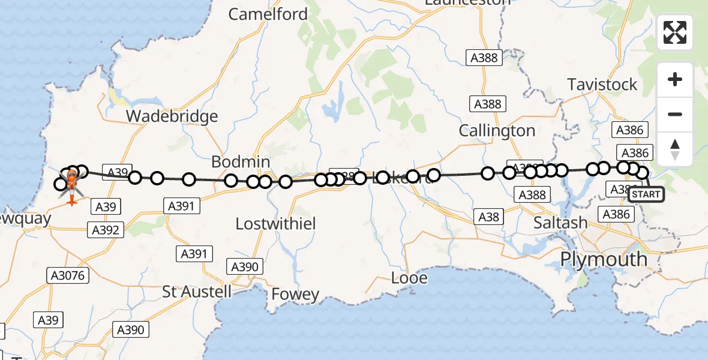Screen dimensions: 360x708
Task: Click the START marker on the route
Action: pos(646,194)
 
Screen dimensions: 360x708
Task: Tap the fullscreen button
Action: pos(675,32)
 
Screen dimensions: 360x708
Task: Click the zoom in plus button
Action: pos(675,79)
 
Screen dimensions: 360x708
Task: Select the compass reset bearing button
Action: pos(675,149)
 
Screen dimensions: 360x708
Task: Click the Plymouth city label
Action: pos(603,260)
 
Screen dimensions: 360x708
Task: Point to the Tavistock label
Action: pos(602,85)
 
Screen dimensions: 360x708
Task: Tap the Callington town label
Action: pos(497,130)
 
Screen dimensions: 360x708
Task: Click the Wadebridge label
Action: pos(172,116)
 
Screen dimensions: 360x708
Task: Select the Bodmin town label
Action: pos(241,162)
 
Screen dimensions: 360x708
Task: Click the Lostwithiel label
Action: pos(276,224)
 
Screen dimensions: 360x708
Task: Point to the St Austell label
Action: pos(197,292)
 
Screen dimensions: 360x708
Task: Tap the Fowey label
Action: pos(295,294)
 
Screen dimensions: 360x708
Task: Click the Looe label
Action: pos(409,278)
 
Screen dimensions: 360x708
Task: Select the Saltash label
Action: pos(561,223)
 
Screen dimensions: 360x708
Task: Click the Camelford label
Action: pos(268,14)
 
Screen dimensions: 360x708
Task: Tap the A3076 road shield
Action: pos(68,275)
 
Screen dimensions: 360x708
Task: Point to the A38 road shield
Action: pos(488,217)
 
